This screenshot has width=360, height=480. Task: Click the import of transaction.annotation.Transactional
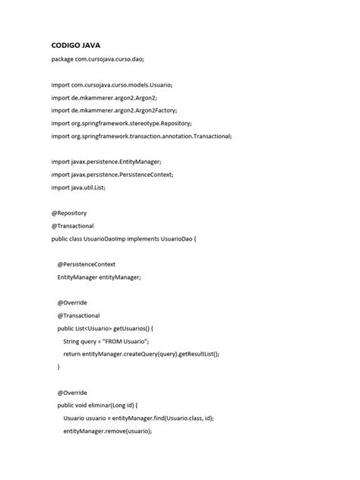point(141,136)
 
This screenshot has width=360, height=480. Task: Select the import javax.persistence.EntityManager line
point(106,162)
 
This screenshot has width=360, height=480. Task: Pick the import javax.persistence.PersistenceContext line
point(112,175)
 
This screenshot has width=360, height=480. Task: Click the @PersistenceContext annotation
point(87,264)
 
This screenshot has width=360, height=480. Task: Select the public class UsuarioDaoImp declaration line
point(123,238)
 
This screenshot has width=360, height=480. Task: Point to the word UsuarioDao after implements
point(174,238)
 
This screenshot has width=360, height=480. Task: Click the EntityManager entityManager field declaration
point(99,277)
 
